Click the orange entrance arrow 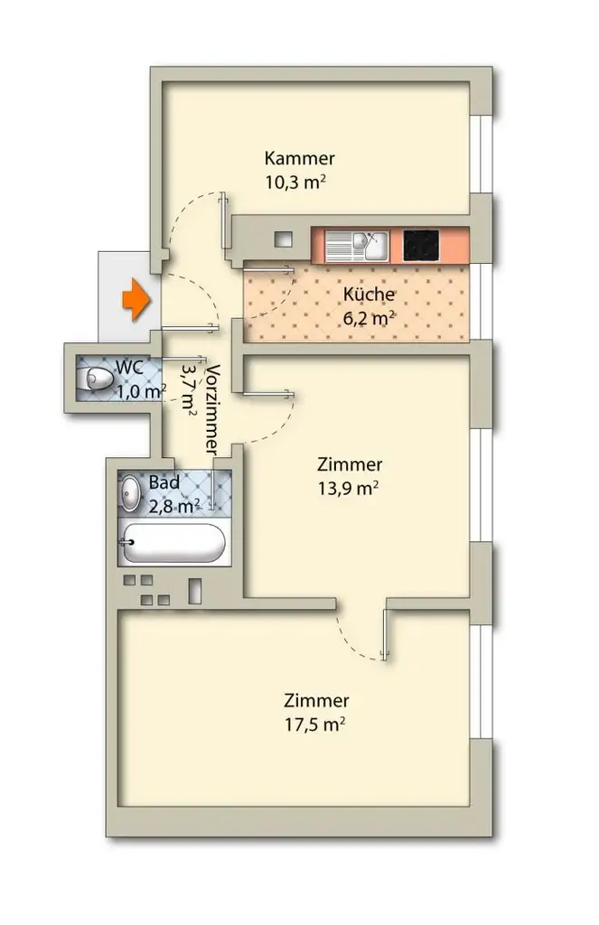point(136,300)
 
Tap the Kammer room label point(299,158)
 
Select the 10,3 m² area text point(295,182)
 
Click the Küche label point(369,294)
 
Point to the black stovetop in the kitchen point(421,245)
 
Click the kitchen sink point(357,246)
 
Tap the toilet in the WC point(95,378)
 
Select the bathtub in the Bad point(173,543)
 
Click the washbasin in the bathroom point(130,493)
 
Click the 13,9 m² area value point(348,489)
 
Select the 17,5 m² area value point(314,724)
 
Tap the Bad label point(164,482)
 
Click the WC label point(129,367)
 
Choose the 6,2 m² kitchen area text point(369,319)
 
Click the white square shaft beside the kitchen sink point(284,239)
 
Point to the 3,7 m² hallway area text point(188,388)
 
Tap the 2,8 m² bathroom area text point(174,506)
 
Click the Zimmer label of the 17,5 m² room point(316,700)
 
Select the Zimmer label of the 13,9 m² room point(350,464)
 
